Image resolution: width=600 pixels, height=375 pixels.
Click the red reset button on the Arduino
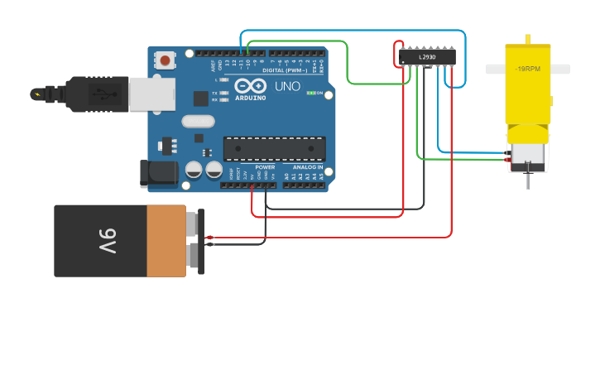pos(166,60)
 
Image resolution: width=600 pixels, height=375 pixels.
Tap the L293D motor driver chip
pos(427,56)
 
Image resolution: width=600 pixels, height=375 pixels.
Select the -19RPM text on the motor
pos(528,69)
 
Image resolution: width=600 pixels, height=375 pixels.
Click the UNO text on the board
pos(287,86)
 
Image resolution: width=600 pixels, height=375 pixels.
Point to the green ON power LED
pos(310,93)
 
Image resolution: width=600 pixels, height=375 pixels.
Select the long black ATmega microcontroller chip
pos(274,148)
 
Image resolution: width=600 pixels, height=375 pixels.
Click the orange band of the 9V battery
pos(166,241)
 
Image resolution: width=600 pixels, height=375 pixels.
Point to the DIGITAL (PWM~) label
pos(284,70)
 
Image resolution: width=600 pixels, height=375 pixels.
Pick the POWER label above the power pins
pos(265,166)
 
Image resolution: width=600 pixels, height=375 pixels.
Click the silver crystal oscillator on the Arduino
pos(198,122)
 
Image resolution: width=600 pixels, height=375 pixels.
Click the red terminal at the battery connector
pos(210,238)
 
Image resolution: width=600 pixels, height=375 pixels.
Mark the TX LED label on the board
pos(214,93)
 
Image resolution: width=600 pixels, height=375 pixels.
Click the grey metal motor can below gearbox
pos(528,155)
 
